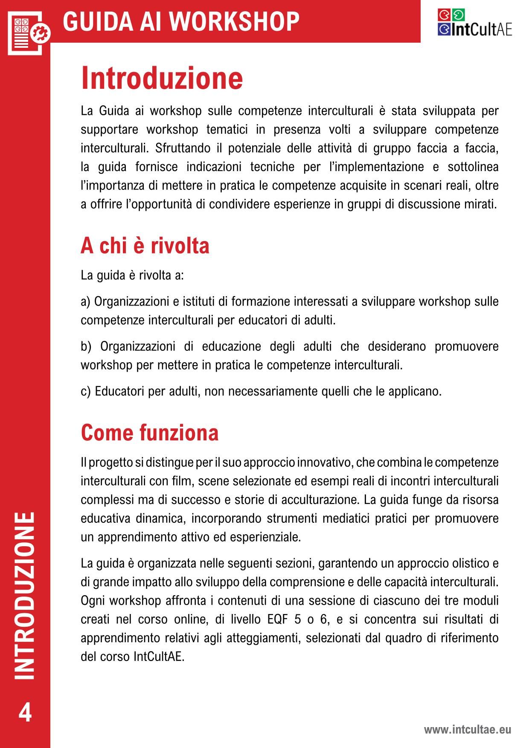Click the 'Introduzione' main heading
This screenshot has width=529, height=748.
[162, 78]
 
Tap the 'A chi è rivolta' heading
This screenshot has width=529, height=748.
[145, 246]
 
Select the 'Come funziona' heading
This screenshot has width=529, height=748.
[150, 433]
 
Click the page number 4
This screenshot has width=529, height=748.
[25, 712]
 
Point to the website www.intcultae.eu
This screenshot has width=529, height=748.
[467, 730]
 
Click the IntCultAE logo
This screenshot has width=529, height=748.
[474, 23]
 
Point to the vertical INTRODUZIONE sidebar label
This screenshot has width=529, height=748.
[25, 596]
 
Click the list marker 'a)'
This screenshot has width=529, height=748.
[86, 302]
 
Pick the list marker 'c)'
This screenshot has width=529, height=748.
[86, 391]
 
